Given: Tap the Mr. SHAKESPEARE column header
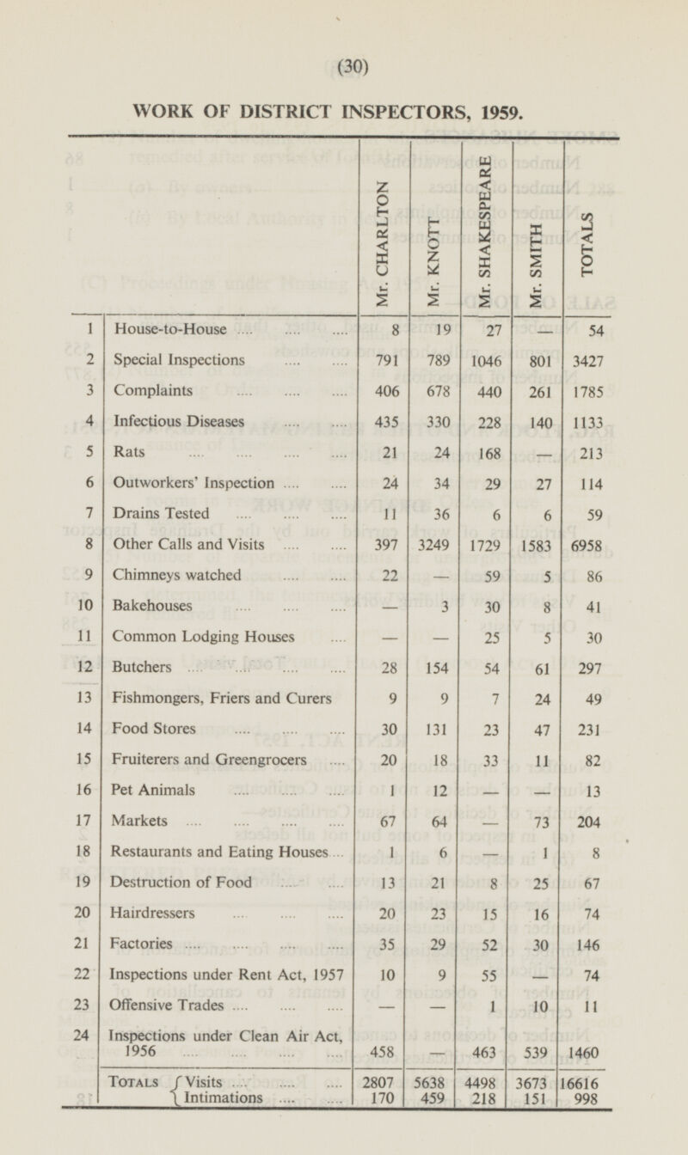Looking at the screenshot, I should point(487,232).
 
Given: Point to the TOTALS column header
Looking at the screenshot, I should point(587,244).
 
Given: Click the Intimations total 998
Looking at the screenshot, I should point(588,1097).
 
